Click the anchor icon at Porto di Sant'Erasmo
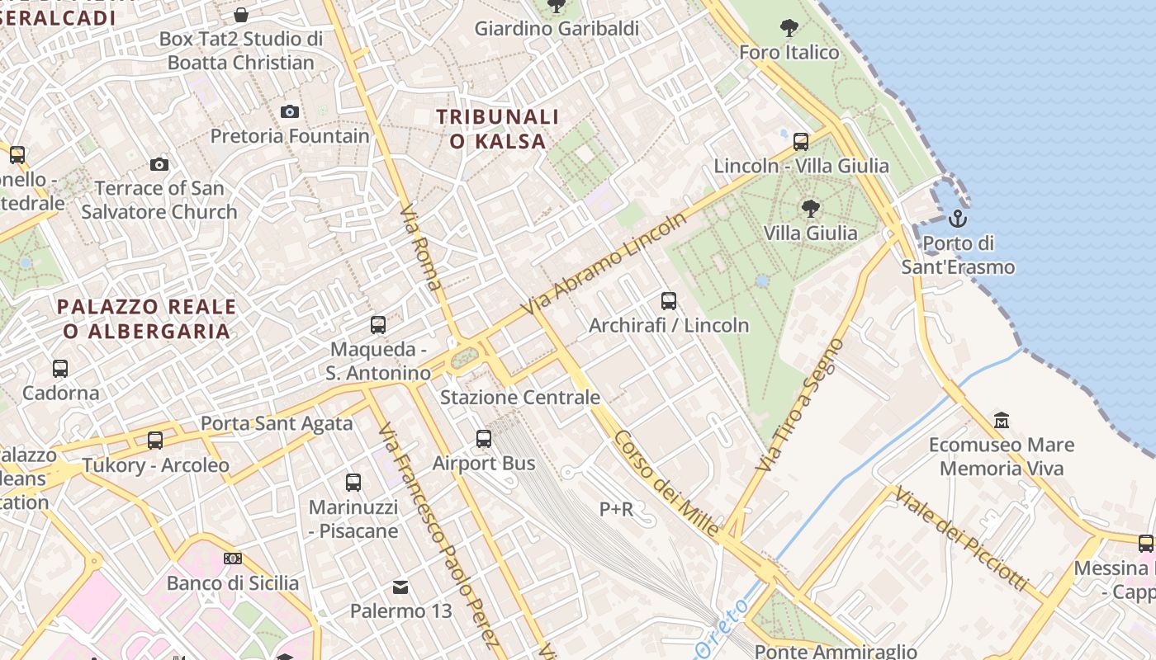pos(958,219)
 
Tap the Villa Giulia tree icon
pos(811,208)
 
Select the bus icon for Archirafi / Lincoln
pos(669,301)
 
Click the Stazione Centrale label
pos(520,398)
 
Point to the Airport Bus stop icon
pos(484,439)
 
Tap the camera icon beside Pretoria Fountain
pos(290,111)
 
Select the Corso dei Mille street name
pos(667,484)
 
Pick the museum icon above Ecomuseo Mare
pos(1002,421)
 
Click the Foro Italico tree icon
pos(789,27)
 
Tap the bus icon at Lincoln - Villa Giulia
pos(801,141)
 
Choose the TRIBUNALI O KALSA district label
pos(498,129)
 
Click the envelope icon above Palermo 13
pos(400,587)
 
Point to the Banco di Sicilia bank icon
pos(233,559)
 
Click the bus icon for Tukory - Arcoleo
pos(155,441)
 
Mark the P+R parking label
pos(616,510)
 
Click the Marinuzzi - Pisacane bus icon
pos(353,483)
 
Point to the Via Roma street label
pos(420,247)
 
